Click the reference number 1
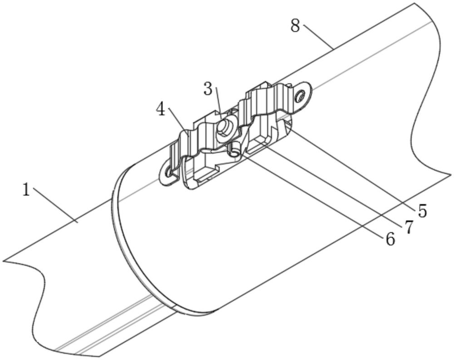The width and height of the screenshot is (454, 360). coord(26,191)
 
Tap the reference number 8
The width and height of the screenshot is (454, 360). coord(296,26)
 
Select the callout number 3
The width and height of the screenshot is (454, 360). coord(208,89)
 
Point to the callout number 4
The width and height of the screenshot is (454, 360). coord(161,110)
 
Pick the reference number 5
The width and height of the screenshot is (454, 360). coord(422,211)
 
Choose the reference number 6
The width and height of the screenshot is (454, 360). coord(390,239)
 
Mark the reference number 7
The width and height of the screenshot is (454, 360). coord(408,227)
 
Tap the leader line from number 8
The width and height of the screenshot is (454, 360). coord(318,37)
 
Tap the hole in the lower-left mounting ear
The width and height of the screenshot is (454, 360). coord(168,173)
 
